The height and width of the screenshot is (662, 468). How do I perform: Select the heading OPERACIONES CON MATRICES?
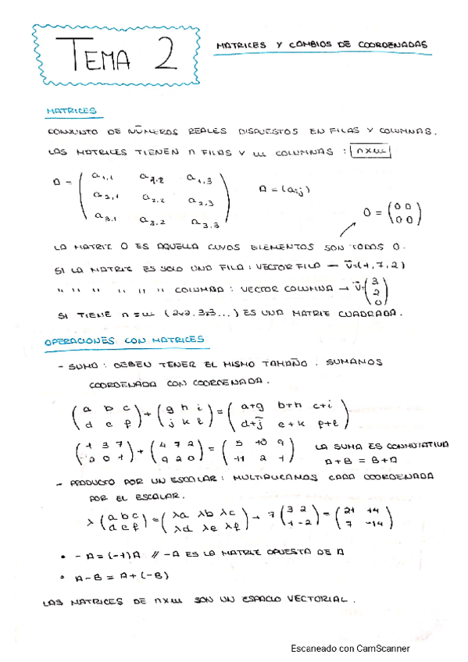point(124,340)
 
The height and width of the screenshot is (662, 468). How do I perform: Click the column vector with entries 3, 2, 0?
point(378,291)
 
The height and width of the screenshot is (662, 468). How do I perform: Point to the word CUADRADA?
point(369,315)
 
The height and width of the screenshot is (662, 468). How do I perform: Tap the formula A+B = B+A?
point(347,461)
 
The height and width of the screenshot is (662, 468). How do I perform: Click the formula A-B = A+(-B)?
point(116,576)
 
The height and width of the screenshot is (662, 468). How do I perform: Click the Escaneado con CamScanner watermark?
point(349,648)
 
